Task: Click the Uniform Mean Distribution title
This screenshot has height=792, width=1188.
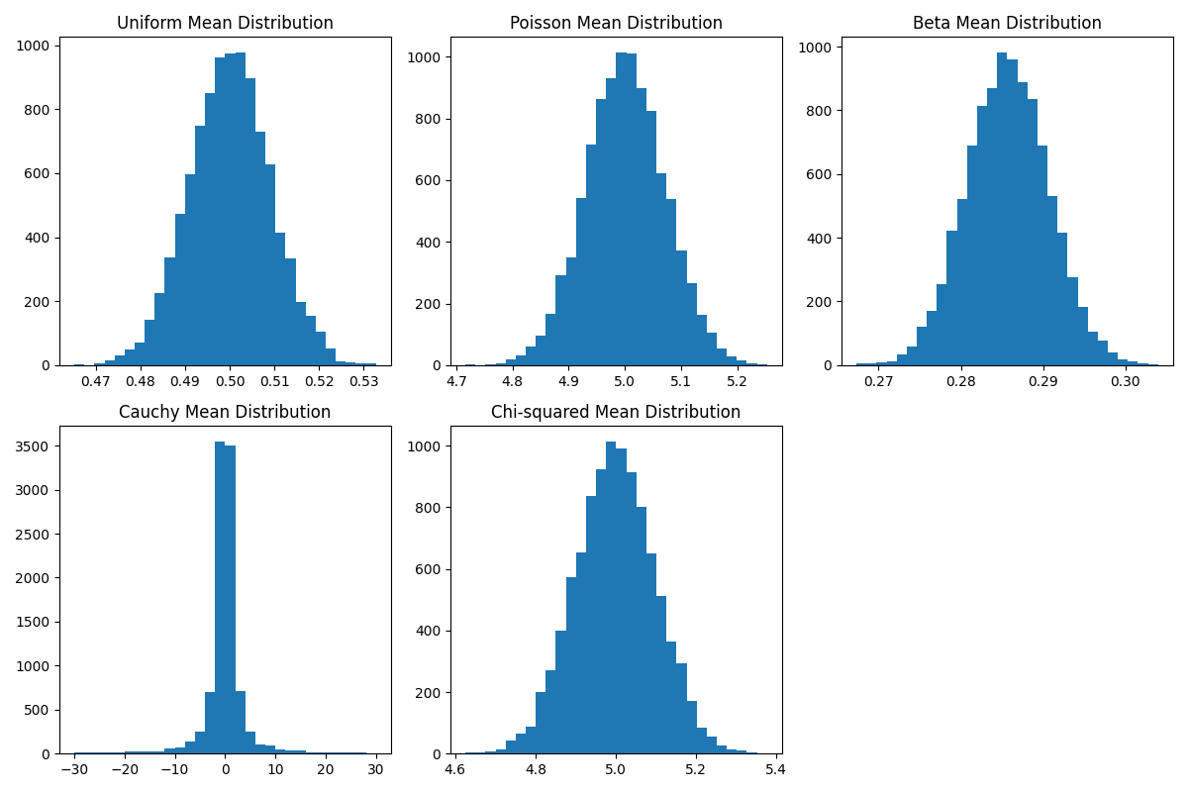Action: pyautogui.click(x=225, y=23)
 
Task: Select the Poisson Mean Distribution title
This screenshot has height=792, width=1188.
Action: pyautogui.click(x=616, y=23)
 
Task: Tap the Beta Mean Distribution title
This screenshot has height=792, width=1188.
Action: pyautogui.click(x=1007, y=23)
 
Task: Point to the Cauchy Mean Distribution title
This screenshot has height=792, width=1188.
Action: pyautogui.click(x=225, y=412)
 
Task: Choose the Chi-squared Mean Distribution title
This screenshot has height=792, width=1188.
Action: pyautogui.click(x=616, y=412)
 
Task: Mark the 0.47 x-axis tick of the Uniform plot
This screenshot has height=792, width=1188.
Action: pyautogui.click(x=96, y=380)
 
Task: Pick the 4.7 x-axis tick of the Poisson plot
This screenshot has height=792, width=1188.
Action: pyautogui.click(x=456, y=380)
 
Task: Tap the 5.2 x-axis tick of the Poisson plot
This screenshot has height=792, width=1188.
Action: pyautogui.click(x=737, y=380)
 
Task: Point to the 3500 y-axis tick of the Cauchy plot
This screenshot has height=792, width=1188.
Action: pyautogui.click(x=37, y=446)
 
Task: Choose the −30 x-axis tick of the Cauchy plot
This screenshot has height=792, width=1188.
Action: pyautogui.click(x=74, y=769)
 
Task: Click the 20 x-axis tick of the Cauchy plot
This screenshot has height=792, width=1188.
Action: pyautogui.click(x=326, y=769)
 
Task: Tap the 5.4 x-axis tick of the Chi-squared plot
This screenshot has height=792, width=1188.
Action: pyautogui.click(x=775, y=769)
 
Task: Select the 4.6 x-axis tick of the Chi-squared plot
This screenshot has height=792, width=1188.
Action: pyautogui.click(x=455, y=769)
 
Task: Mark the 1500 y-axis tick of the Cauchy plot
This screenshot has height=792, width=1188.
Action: pyautogui.click(x=37, y=622)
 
